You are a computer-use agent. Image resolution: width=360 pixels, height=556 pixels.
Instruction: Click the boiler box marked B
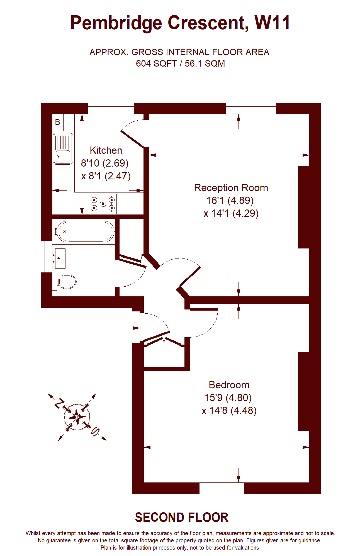[x=58, y=122]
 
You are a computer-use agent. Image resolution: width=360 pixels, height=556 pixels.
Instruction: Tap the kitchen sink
[x=63, y=148]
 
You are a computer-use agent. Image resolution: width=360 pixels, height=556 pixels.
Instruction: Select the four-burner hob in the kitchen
[x=103, y=204]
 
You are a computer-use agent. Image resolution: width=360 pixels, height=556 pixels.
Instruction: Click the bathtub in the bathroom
[x=84, y=231]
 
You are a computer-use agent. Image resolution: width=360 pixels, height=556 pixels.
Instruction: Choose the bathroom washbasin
[x=60, y=258]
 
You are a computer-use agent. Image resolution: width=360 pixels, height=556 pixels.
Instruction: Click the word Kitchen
[x=106, y=150]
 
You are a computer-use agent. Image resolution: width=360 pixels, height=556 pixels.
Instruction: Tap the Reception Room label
[x=231, y=188]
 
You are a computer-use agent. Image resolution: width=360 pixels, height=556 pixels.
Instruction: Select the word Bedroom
[x=229, y=385]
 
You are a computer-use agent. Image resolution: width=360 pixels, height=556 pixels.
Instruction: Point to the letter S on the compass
[x=95, y=431]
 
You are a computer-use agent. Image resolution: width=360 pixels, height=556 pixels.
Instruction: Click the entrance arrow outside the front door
[x=133, y=328]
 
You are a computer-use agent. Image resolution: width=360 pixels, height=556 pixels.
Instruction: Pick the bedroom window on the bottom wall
[x=222, y=488]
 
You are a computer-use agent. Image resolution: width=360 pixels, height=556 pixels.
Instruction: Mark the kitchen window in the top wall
[x=111, y=109]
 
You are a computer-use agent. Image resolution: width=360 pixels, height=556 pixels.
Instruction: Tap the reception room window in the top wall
[x=251, y=109]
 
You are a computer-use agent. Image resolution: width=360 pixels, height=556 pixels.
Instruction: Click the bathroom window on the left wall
[x=47, y=257]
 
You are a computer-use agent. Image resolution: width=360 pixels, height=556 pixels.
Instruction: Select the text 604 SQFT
[x=156, y=64]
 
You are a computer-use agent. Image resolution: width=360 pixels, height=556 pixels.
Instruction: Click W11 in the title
[x=273, y=23]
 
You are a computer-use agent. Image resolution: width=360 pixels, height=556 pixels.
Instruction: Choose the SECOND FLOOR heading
[x=182, y=518]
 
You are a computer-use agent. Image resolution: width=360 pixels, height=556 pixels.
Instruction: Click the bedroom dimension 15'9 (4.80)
[x=228, y=398]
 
